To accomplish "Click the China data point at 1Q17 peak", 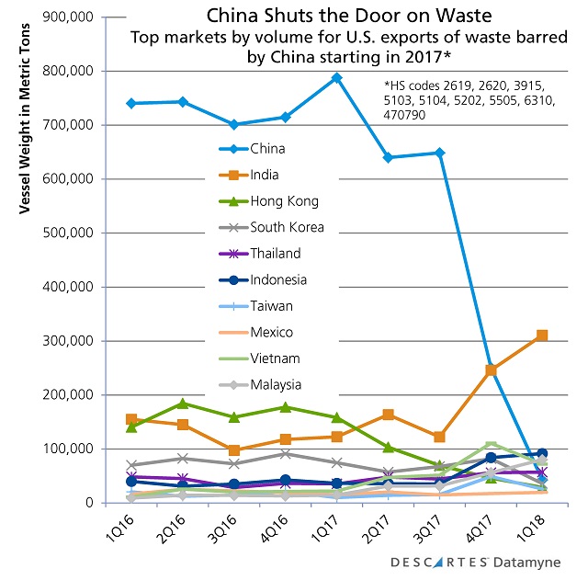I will coord(337,78).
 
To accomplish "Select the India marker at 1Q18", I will coord(542,335).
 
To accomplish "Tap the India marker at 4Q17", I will coord(491,370).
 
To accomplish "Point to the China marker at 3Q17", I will coord(439,153).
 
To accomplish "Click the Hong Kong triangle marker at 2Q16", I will coord(183,404).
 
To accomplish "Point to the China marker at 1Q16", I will coord(132,103).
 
